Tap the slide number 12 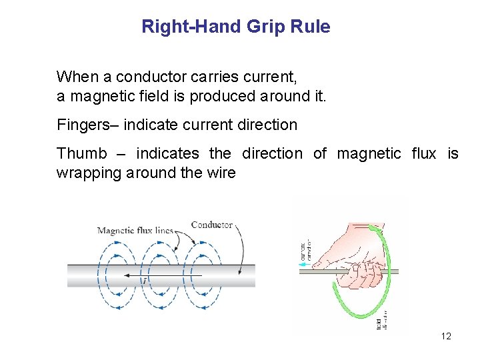[x=446, y=336]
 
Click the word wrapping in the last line [x=87, y=174]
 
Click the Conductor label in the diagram [x=211, y=225]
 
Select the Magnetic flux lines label [x=135, y=231]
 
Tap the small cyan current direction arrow [x=305, y=265]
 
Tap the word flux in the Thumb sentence [x=423, y=154]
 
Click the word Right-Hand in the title [x=191, y=27]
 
